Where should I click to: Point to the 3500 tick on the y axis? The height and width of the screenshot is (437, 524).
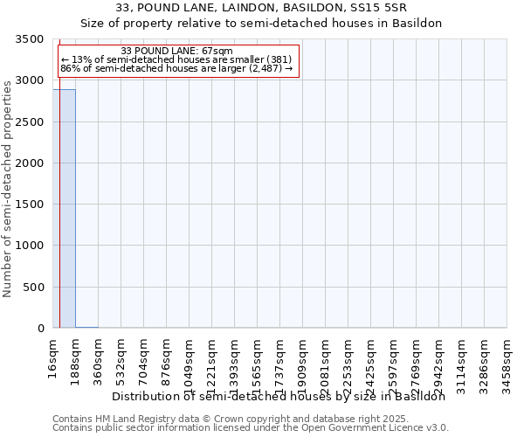tap(30, 39)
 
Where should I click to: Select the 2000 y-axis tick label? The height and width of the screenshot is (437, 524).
tap(30, 163)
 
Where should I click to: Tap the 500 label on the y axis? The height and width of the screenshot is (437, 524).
tap(33, 288)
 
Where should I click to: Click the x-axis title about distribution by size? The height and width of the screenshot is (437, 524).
tap(279, 396)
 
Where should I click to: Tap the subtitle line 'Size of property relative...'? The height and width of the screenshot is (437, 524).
tap(261, 24)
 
